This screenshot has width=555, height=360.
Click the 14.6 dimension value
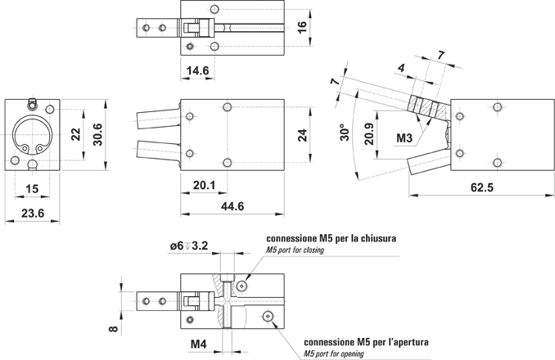[197, 71]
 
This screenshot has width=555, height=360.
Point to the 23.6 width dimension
[32, 215]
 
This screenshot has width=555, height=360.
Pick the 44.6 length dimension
[232, 206]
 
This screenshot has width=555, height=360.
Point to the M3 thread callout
[404, 139]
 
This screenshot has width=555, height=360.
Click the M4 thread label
[199, 344]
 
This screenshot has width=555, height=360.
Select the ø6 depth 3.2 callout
[191, 245]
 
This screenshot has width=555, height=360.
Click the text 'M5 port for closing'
[296, 250]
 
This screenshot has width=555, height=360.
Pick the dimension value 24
[302, 136]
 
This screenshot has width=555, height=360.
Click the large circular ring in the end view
[33, 134]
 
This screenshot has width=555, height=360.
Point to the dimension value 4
[402, 67]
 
